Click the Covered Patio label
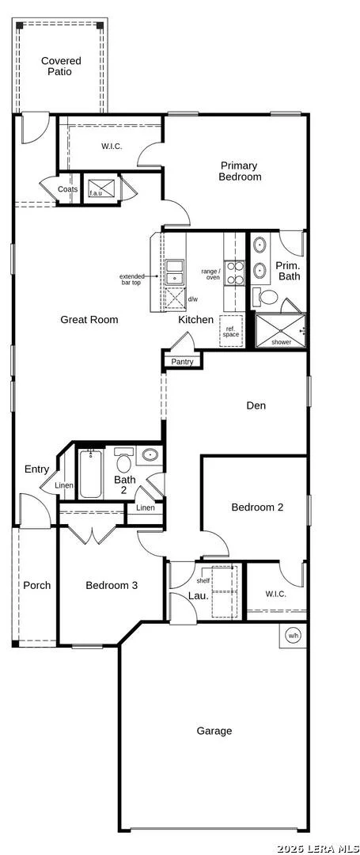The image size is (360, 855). [61, 66]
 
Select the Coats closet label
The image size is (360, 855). [68, 189]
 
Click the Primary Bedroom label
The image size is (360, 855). [240, 171]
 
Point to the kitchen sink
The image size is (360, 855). [174, 272]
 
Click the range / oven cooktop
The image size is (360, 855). [235, 273]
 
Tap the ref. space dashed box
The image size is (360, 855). [229, 330]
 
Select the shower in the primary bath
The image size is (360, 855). [281, 330]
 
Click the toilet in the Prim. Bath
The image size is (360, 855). [268, 297]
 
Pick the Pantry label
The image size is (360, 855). [182, 362]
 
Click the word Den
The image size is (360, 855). [256, 405]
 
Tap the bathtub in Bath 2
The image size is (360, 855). [90, 473]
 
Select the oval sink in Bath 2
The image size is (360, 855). [149, 454]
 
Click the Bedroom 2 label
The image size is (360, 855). [257, 507]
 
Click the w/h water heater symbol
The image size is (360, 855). [293, 635]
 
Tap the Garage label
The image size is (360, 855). [214, 731]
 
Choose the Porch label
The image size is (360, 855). [37, 585]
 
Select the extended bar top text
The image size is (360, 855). [132, 279]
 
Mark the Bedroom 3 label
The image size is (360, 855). [111, 585]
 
